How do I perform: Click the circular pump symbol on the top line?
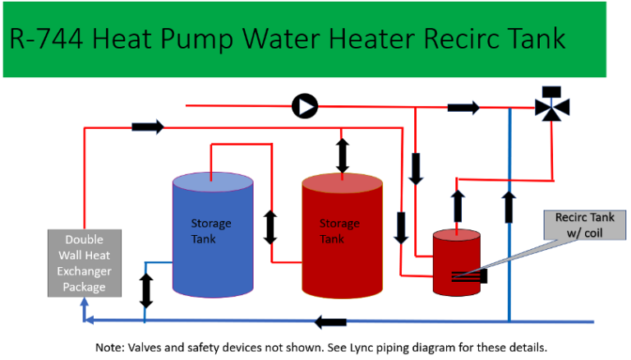pyautogui.click(x=305, y=105)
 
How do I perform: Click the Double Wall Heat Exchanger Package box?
pyautogui.click(x=85, y=264)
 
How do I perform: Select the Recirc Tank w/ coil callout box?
pyautogui.click(x=584, y=224)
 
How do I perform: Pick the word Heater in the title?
pyautogui.click(x=371, y=39)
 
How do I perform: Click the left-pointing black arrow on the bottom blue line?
pyautogui.click(x=330, y=321)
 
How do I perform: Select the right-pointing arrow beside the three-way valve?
pyautogui.click(x=463, y=107)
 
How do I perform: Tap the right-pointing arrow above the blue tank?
pyautogui.click(x=148, y=127)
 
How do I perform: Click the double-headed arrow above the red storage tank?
pyautogui.click(x=343, y=155)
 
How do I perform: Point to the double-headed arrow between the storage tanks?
pyautogui.click(x=269, y=227)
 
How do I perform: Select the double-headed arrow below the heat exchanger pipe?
pyautogui.click(x=146, y=290)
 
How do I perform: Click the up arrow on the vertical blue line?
pyautogui.click(x=509, y=206)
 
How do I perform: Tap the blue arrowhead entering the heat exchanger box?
pyautogui.click(x=85, y=304)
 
